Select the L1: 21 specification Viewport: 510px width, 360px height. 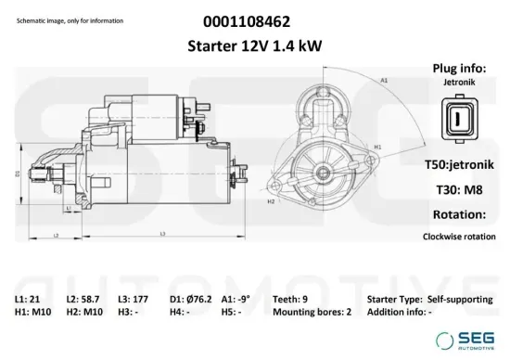[x=27, y=300]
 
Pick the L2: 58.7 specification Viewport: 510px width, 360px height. [x=83, y=300]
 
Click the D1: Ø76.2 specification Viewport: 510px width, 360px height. [x=192, y=300]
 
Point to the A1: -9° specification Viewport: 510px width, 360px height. [x=236, y=300]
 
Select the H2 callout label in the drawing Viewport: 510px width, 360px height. [x=271, y=200]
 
